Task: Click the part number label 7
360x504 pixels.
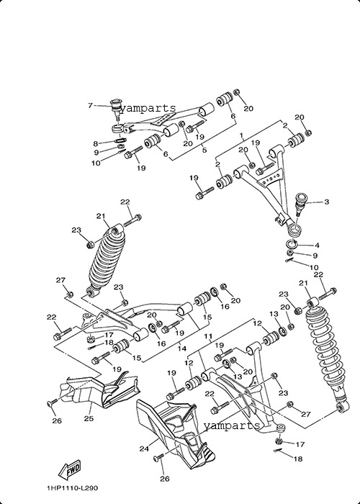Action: click(90, 105)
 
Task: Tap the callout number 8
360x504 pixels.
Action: click(96, 144)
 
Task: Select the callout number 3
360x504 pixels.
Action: click(327, 202)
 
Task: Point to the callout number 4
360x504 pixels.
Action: click(317, 246)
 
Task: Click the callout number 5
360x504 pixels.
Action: click(204, 150)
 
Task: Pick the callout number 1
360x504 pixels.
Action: click(242, 135)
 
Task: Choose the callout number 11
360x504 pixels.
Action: click(209, 336)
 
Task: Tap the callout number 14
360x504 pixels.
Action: click(182, 348)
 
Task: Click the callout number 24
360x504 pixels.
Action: click(144, 449)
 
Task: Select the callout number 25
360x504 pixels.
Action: click(89, 418)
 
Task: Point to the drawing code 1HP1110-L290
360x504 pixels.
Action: click(72, 488)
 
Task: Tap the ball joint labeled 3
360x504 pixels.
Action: click(301, 203)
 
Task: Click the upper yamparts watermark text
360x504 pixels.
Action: click(148, 109)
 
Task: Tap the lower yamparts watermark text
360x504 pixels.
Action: click(231, 426)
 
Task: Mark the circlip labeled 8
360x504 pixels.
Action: click(120, 140)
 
